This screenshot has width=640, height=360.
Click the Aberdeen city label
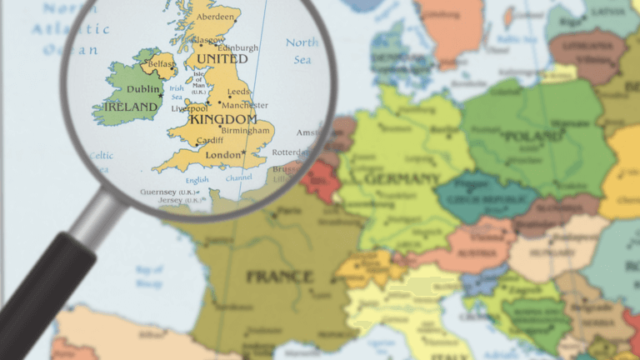point(216,17)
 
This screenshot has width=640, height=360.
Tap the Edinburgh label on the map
point(238,47)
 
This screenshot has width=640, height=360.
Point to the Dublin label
point(143,90)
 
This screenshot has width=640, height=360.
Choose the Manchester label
point(245,105)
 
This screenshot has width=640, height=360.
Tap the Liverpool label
point(189,108)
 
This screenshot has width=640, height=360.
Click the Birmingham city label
point(246,131)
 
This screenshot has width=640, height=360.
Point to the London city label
point(222,155)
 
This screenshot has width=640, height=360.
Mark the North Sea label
point(302,51)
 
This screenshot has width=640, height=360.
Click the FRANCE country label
point(279,276)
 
